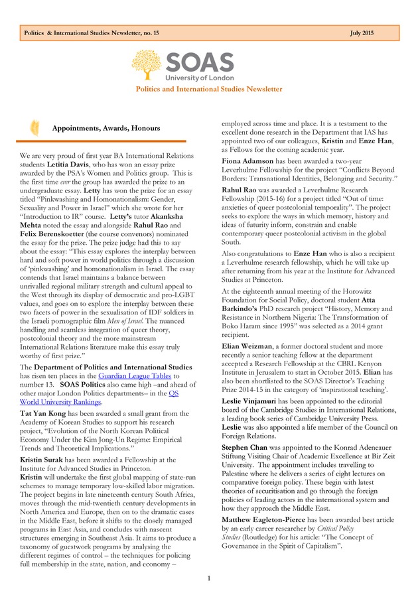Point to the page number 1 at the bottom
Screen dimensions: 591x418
coord(208,578)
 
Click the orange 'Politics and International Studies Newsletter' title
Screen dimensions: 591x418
coord(209,89)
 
